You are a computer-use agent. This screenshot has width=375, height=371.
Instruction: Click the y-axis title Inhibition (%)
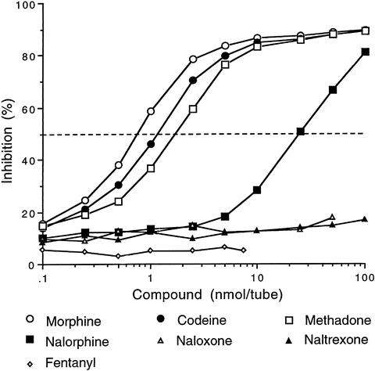(10, 132)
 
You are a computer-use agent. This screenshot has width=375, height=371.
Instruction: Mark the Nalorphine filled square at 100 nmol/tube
(365, 52)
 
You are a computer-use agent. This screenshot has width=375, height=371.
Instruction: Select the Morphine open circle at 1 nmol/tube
(151, 111)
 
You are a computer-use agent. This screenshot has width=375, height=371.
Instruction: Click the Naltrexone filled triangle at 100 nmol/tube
(365, 219)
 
